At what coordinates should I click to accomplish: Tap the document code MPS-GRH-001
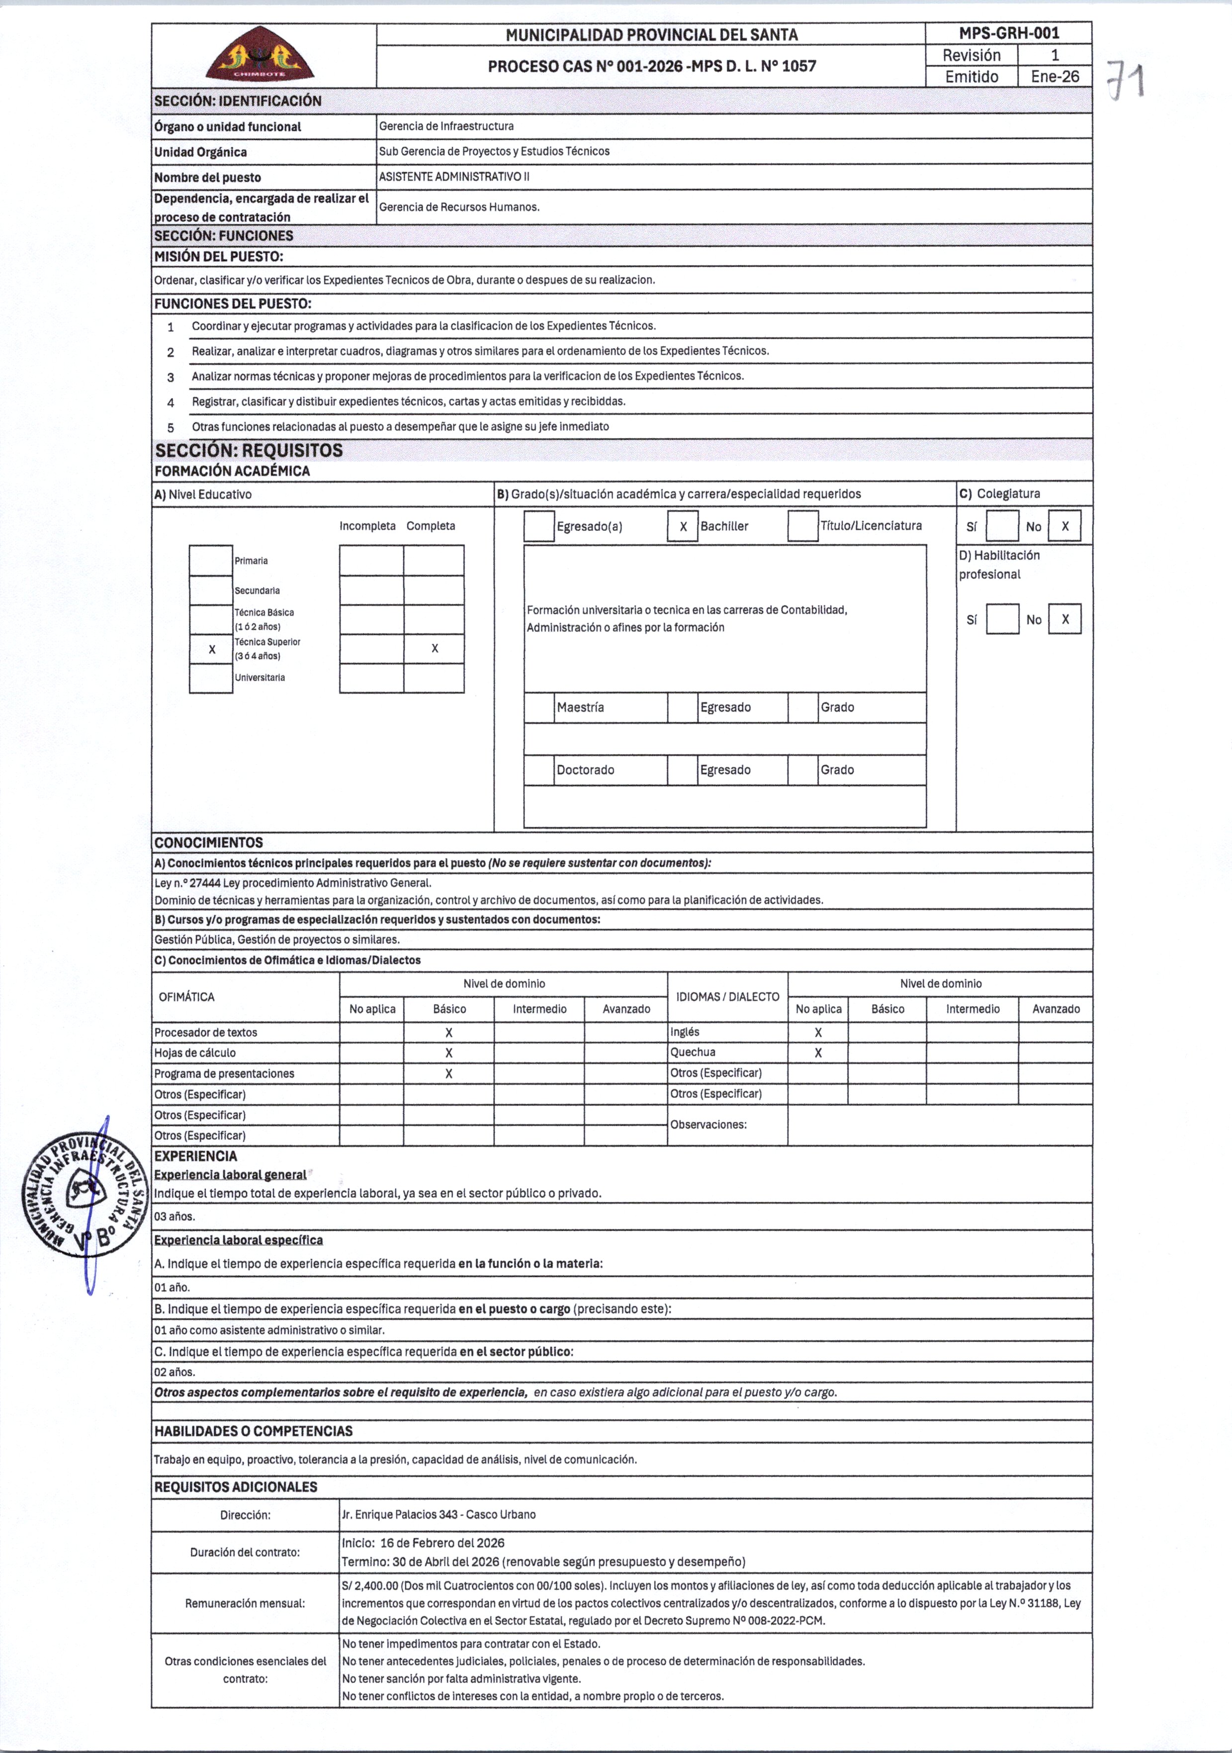click(1008, 33)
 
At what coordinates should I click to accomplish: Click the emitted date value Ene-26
click(1054, 76)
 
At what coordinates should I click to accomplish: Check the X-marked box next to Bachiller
click(683, 527)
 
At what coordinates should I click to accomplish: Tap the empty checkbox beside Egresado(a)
click(539, 527)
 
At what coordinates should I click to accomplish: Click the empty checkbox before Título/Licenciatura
click(803, 526)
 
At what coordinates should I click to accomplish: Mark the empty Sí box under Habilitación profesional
click(1002, 619)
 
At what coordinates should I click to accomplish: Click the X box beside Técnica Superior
click(211, 650)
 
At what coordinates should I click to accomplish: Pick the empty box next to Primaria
click(211, 561)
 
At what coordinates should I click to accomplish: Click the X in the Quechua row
click(817, 1053)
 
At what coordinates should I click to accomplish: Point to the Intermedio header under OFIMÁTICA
click(539, 1009)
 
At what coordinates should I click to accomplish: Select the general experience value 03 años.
click(175, 1216)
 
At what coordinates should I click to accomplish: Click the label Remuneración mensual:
click(245, 1603)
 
